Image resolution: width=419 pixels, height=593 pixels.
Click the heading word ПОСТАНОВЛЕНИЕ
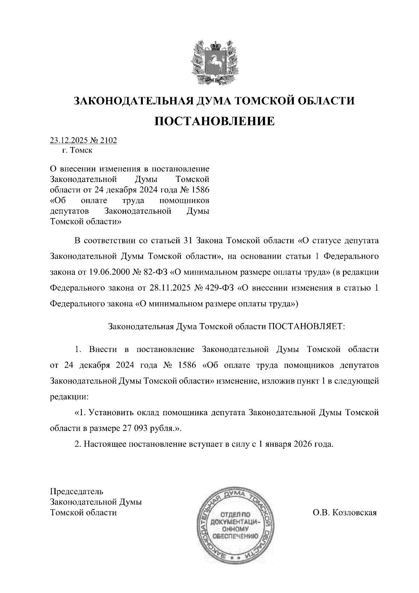214,121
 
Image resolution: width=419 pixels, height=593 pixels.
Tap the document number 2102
108,140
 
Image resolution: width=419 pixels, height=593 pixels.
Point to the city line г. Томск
77,151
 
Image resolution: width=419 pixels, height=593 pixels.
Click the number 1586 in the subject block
200,190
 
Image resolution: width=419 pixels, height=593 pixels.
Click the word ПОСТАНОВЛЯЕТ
306,327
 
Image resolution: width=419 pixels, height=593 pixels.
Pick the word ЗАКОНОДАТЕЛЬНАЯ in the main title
132,101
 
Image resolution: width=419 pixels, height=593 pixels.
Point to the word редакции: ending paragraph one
69,397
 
